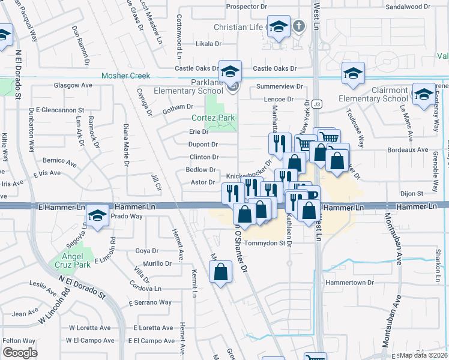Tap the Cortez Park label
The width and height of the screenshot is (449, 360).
click(213, 118)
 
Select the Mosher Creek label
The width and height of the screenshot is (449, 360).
click(125, 76)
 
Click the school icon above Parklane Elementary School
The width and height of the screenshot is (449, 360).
click(230, 71)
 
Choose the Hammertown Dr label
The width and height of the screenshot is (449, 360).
click(349, 282)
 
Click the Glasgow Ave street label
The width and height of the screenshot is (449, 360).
click(73, 85)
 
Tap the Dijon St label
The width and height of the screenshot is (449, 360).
click(412, 193)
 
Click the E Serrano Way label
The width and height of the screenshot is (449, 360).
click(150, 302)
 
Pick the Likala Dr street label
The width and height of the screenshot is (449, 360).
click(209, 44)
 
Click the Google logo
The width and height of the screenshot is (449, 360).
click(20, 353)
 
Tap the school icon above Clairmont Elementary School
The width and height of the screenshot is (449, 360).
click(353, 74)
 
